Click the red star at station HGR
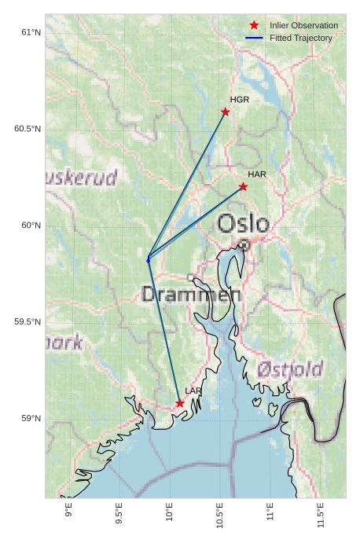coord(226,112)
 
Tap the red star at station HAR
coord(244,186)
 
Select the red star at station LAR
coord(180,403)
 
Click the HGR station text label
coord(239,100)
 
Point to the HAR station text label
coord(257,174)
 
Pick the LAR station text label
coord(193,391)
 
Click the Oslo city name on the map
coord(243,224)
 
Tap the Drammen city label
coord(191,295)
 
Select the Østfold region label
coord(290,369)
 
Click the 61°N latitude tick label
coord(31,32)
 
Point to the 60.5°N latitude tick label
coord(28,129)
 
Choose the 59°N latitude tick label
coord(31,418)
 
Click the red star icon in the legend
coord(254,25)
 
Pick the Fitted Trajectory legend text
coord(301,38)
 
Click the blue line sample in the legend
coord(254,38)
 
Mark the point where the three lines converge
coord(148,258)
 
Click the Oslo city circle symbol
coord(244,244)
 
